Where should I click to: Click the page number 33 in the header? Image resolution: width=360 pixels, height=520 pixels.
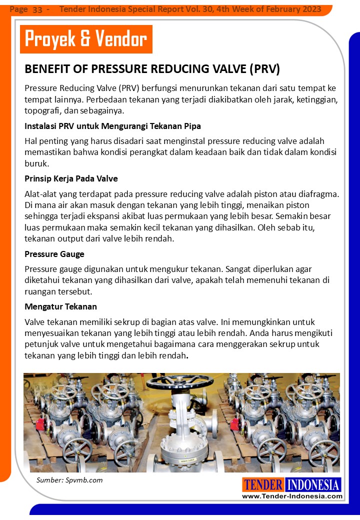37,9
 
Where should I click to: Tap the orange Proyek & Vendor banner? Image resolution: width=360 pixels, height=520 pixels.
86,38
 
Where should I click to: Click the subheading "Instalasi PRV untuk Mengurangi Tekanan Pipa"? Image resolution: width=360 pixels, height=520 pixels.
112,125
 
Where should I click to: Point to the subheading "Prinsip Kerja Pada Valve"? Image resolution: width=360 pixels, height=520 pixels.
71,178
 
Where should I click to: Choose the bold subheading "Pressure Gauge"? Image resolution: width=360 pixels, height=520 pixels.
54,254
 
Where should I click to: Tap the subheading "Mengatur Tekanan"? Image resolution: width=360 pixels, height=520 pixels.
60,306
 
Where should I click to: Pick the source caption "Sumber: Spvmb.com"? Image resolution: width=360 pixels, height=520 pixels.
69,480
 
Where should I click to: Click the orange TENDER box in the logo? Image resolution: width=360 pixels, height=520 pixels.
263,485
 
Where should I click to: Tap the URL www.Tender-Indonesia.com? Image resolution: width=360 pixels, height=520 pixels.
292,496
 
